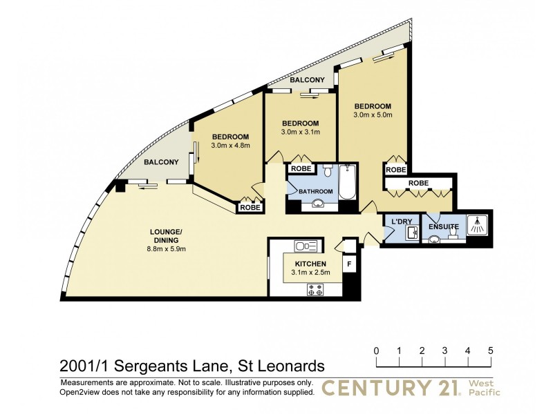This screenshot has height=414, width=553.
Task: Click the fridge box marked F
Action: (349, 263)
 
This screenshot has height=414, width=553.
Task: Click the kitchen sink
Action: (305, 246)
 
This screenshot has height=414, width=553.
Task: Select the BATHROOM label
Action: (315, 192)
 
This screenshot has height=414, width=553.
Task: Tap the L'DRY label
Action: (401, 221)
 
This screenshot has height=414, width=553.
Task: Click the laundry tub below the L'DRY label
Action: (410, 233)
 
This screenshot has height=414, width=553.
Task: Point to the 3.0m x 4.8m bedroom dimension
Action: (230, 145)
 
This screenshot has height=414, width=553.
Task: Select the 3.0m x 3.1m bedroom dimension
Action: (300, 132)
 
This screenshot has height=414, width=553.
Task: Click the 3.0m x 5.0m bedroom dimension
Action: (373, 115)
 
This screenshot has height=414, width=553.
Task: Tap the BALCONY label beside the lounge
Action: (161, 162)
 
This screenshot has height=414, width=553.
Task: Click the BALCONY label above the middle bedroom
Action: (307, 81)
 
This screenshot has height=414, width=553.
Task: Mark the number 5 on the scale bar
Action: (490, 351)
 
